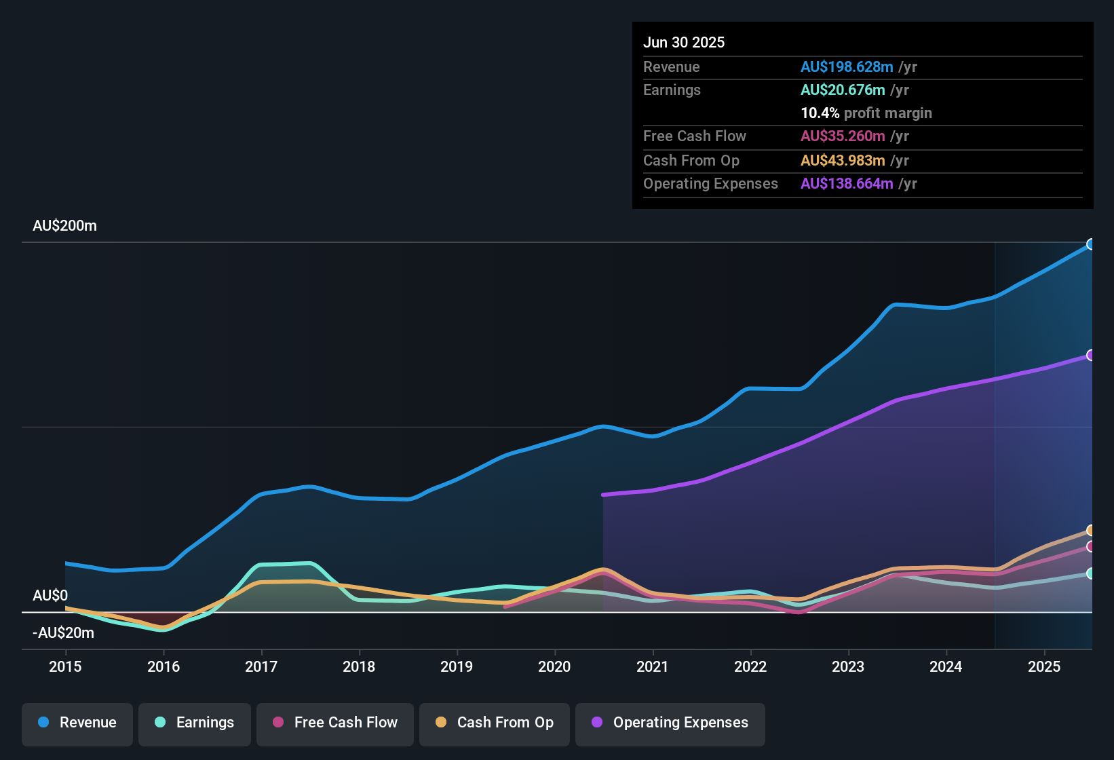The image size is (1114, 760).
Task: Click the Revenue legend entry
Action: pyautogui.click(x=77, y=723)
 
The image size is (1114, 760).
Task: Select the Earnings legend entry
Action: pyautogui.click(x=195, y=723)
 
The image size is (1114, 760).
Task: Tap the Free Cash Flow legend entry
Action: pyautogui.click(x=335, y=723)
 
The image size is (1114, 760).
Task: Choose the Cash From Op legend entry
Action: pyautogui.click(x=495, y=723)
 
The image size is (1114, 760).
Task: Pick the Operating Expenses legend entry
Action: pyautogui.click(x=670, y=723)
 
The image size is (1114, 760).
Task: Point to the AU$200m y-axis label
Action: pyautogui.click(x=64, y=226)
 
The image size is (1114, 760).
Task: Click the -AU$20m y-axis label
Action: pyautogui.click(x=63, y=633)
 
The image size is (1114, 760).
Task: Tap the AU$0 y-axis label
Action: pyautogui.click(x=50, y=596)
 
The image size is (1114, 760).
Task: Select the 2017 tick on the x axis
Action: pyautogui.click(x=261, y=667)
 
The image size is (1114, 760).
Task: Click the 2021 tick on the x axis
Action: pyautogui.click(x=653, y=667)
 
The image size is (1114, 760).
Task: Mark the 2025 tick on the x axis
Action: pyautogui.click(x=1044, y=667)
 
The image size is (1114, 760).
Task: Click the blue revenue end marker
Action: pyautogui.click(x=1090, y=244)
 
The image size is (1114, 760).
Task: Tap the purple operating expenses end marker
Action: pyautogui.click(x=1090, y=355)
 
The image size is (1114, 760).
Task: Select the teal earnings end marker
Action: pyautogui.click(x=1090, y=573)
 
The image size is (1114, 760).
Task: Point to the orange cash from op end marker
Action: pyautogui.click(x=1090, y=530)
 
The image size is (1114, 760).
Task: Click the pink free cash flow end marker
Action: pyautogui.click(x=1090, y=546)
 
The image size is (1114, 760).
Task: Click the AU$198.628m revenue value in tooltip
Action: pyautogui.click(x=846, y=67)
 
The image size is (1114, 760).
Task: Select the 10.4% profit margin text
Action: pyautogui.click(x=866, y=113)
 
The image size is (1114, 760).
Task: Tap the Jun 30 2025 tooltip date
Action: pyautogui.click(x=684, y=43)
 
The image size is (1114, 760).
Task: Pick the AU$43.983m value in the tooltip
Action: pyautogui.click(x=842, y=161)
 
